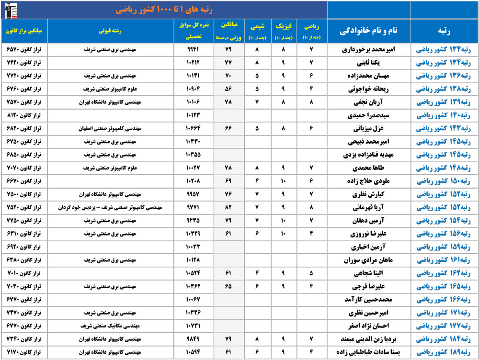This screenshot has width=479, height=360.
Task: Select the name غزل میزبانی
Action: [x=371, y=129]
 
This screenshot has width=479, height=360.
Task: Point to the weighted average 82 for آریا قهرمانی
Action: [x=228, y=208]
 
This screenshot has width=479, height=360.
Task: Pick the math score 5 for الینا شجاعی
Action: [x=311, y=273]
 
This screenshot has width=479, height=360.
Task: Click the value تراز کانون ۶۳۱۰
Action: [x=24, y=234]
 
